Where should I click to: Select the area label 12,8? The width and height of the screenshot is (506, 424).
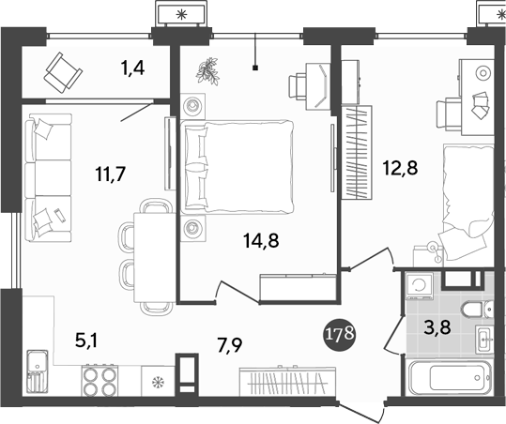tap(401, 169)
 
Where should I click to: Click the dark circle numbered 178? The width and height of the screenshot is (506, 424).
tap(340, 334)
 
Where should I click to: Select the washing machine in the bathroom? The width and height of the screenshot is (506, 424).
tap(420, 284)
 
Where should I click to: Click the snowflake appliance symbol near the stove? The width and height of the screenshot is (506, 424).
tap(157, 383)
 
